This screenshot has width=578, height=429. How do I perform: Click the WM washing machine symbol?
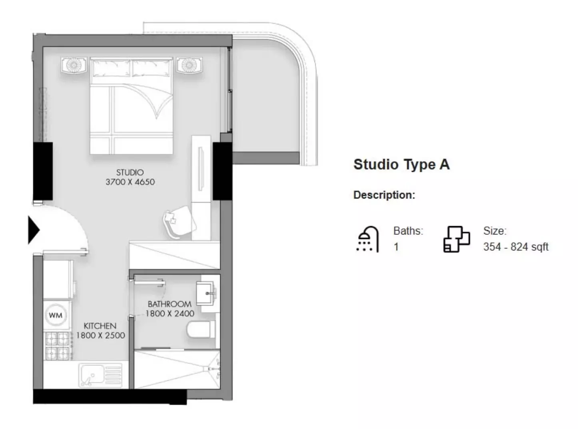(x=56, y=315)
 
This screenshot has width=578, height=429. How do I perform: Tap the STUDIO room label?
(x=130, y=173)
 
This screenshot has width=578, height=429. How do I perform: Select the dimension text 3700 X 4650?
(x=130, y=182)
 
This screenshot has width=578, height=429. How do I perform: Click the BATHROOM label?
(x=169, y=304)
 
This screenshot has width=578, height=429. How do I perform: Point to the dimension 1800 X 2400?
(x=170, y=314)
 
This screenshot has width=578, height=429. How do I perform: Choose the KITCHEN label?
(x=100, y=326)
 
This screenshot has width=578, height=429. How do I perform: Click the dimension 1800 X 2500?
(x=101, y=336)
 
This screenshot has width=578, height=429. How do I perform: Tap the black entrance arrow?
(x=34, y=230)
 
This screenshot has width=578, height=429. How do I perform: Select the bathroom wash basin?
(x=207, y=292)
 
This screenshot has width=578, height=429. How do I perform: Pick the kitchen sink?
(x=100, y=375)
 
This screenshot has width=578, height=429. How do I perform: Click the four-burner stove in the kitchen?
(x=57, y=346)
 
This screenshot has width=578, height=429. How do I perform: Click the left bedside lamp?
(x=74, y=65)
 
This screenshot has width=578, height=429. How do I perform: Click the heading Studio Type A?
(x=401, y=165)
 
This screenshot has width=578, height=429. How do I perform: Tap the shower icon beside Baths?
(x=367, y=239)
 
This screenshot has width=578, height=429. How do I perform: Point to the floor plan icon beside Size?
(x=456, y=239)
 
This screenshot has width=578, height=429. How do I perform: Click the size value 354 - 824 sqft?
(x=516, y=247)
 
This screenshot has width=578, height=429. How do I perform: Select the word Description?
(x=384, y=195)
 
